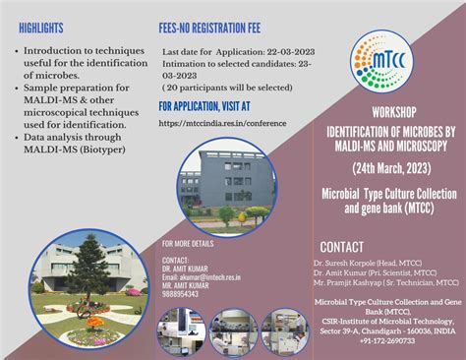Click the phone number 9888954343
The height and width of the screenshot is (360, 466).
tap(181, 293)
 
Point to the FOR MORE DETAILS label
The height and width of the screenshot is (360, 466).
tap(187, 242)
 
